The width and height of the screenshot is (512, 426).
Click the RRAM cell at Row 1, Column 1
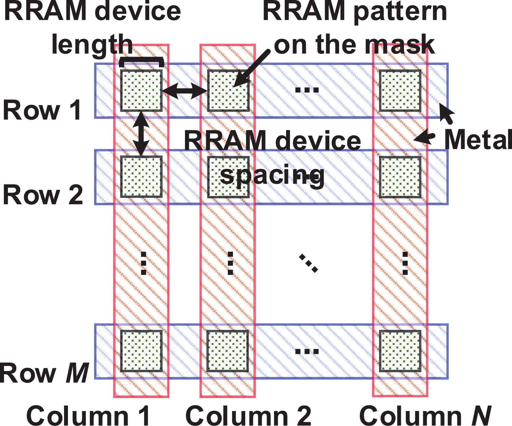point(141,91)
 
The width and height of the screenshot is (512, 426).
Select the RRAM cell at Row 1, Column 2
point(228,91)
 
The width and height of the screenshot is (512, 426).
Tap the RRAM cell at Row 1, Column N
point(400,91)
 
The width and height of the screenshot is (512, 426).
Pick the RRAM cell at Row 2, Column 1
point(141,177)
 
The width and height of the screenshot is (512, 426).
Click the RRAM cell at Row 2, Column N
point(400,177)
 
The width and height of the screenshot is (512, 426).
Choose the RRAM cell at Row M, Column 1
point(141,351)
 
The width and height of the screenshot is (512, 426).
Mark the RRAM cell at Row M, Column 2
point(228,351)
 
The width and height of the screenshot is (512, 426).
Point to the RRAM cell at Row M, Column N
point(400,351)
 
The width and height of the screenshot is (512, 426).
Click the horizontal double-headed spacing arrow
point(185,91)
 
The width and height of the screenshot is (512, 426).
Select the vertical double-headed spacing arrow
point(141,133)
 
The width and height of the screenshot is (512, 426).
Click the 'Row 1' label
point(42,110)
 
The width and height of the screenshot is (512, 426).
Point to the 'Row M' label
point(44,373)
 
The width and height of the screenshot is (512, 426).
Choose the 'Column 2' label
point(248,416)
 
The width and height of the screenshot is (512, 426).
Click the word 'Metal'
point(478,140)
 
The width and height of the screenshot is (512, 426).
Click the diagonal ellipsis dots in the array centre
point(308,263)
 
